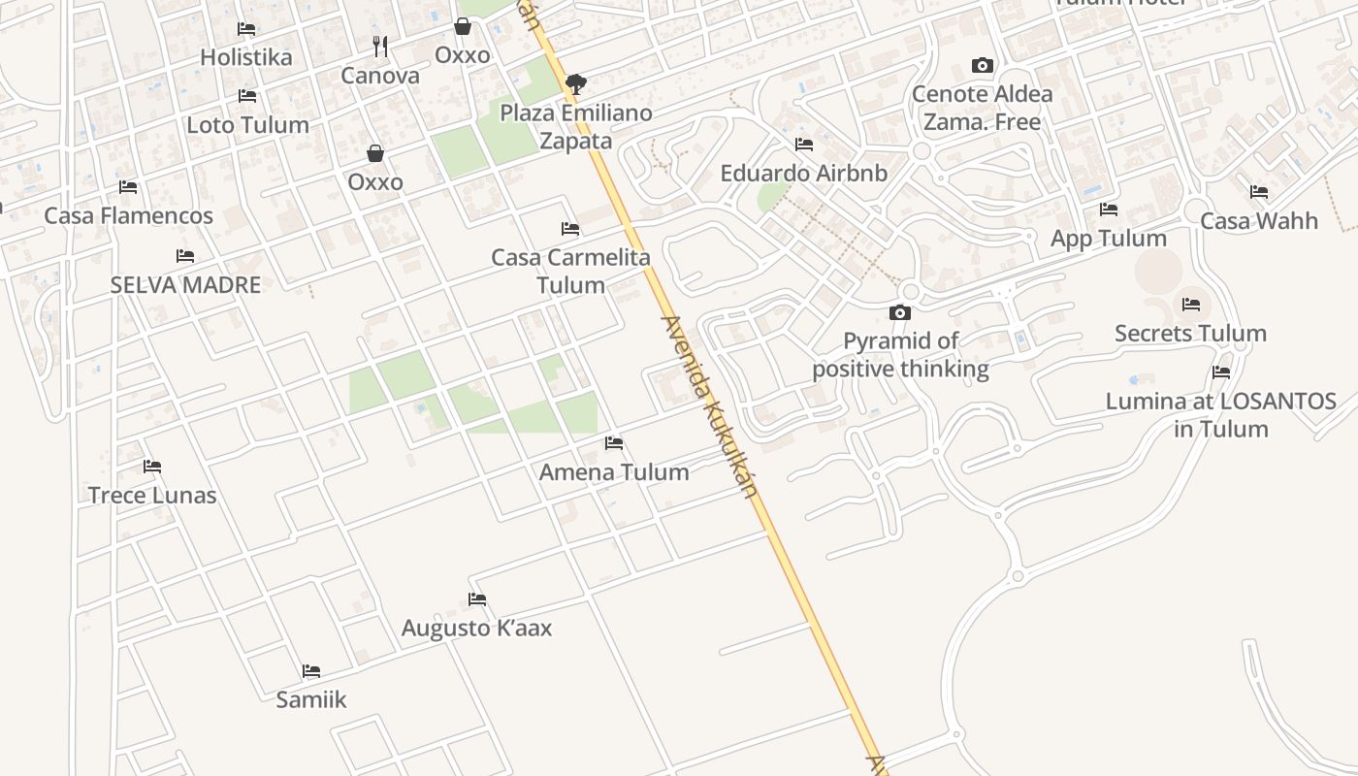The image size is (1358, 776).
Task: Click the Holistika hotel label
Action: [x=245, y=57]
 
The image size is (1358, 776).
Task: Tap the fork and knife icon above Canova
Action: [x=380, y=46]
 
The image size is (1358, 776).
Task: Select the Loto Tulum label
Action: [x=247, y=125]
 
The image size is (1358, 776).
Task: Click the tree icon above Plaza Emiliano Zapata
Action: [x=576, y=83]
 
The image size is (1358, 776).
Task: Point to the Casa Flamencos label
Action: [x=128, y=215]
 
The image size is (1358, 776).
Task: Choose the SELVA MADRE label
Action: [x=185, y=285]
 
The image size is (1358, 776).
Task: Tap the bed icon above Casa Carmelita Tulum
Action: [x=570, y=229]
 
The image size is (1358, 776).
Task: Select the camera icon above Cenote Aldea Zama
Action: [x=983, y=66]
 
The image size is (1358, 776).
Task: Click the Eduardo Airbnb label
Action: [x=803, y=174]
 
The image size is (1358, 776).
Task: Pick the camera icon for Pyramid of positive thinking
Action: [x=900, y=312]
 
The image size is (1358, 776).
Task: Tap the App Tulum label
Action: [x=1109, y=239]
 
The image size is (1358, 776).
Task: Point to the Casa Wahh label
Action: [x=1259, y=221]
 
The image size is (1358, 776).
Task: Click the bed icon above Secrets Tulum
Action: [x=1191, y=305]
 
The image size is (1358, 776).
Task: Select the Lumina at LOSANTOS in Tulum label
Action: [x=1221, y=414]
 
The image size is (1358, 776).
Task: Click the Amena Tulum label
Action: [x=614, y=472]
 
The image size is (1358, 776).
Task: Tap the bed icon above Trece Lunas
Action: [x=152, y=467]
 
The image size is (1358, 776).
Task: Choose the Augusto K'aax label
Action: [x=476, y=629]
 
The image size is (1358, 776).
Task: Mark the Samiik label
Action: [x=310, y=699]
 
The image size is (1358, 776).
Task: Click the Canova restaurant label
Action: [x=380, y=76]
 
